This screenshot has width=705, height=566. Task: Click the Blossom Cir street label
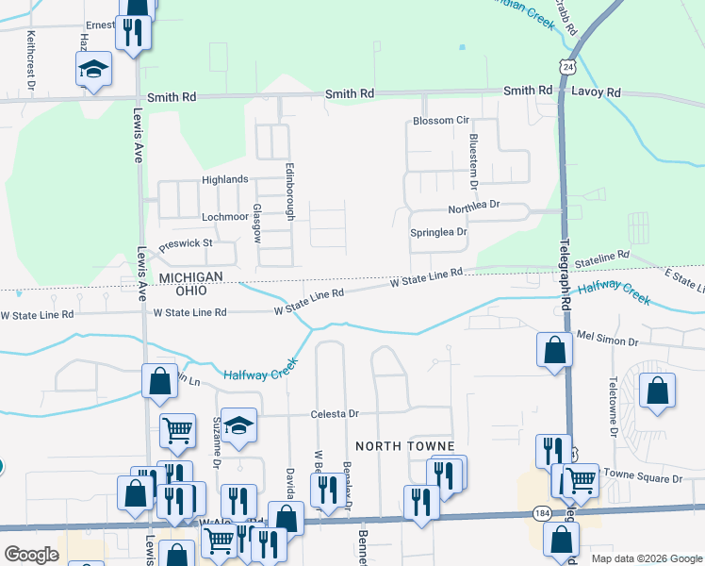[440, 122]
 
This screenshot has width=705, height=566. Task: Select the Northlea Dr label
[473, 205]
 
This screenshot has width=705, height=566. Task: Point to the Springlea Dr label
[438, 232]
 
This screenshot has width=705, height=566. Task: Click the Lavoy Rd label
[599, 92]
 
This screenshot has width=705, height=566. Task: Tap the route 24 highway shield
[566, 67]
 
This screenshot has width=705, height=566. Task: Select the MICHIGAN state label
[189, 276]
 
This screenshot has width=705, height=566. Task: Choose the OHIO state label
[204, 291]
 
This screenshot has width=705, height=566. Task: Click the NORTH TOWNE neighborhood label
[404, 445]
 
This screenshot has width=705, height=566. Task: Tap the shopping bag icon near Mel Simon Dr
[555, 350]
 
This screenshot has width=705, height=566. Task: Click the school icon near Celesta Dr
[240, 427]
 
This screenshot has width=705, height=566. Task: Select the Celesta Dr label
[336, 414]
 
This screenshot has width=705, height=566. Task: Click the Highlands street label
[224, 179]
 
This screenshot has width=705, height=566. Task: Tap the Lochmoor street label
[224, 216]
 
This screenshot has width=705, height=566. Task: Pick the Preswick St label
[187, 244]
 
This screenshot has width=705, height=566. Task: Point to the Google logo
[31, 555]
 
